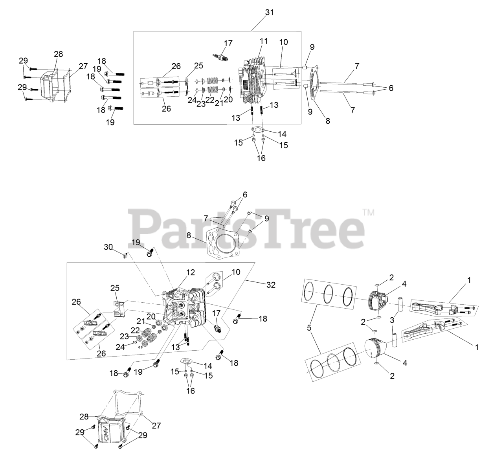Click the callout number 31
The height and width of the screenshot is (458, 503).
[x=269, y=12]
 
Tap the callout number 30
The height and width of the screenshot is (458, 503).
[x=108, y=247]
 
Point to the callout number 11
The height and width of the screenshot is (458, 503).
[x=264, y=41]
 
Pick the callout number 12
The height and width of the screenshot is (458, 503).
[x=190, y=272]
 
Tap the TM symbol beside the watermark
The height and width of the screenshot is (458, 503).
[x=369, y=213]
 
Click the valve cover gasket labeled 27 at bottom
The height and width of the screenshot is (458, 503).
[x=128, y=405]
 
